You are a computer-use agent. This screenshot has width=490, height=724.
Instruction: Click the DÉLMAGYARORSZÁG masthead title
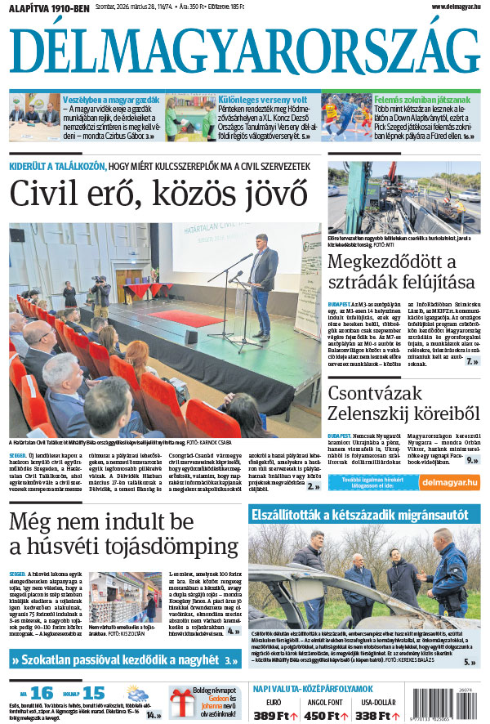click(245, 51)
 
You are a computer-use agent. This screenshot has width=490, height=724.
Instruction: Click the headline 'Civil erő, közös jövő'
click(159, 194)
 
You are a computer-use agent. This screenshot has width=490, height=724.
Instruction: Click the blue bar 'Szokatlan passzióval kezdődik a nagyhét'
click(126, 659)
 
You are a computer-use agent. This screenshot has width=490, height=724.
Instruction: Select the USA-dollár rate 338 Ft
click(422, 716)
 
